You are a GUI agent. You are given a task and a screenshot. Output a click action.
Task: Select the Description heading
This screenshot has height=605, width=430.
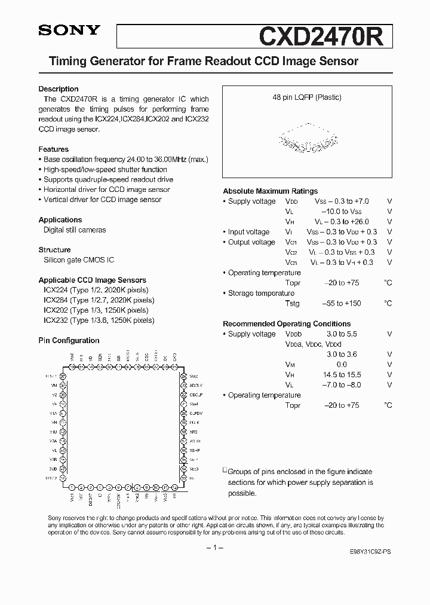(59, 89)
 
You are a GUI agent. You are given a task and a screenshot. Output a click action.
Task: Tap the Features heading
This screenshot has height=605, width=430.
(54, 149)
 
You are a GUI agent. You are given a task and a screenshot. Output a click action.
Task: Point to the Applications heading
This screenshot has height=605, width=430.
(60, 220)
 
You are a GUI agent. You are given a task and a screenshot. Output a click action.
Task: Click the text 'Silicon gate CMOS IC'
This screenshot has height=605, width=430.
(79, 260)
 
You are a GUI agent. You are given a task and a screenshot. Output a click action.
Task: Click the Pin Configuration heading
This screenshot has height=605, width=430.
(69, 341)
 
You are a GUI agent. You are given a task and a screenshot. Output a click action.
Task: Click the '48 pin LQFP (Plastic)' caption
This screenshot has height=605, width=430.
(307, 97)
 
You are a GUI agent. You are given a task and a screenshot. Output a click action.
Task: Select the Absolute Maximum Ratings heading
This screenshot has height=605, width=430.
(270, 191)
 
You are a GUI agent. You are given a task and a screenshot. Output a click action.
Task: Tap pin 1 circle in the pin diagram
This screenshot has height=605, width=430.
(72, 487)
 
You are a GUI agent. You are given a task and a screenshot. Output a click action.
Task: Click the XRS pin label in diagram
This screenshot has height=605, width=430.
(193, 430)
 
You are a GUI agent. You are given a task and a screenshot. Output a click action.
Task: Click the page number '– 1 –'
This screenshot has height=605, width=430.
(214, 548)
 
